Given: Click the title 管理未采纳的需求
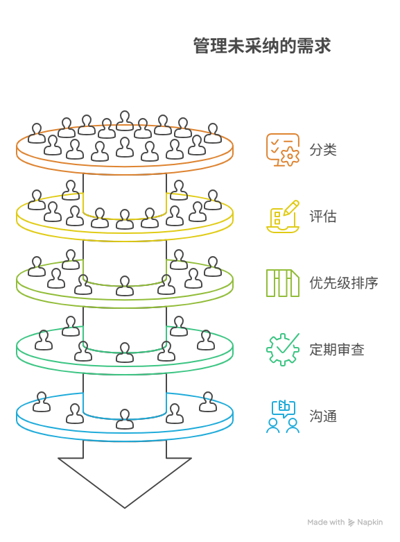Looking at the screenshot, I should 262,46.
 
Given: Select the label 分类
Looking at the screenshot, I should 322,149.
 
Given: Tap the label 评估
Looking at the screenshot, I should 322,216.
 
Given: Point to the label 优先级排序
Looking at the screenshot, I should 343,282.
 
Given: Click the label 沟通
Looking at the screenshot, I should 322,416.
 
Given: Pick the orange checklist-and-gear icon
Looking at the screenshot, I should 283,149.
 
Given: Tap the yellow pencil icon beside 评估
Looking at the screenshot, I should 283,216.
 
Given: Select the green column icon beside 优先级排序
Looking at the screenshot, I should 283,282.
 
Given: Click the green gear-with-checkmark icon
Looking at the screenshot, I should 283,349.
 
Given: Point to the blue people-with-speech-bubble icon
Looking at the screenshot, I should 283,416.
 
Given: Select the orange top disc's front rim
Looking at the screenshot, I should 125,164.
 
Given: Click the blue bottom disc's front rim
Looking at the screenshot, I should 125,431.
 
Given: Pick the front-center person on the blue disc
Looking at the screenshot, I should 125,418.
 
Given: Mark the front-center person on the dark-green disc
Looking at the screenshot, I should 125,352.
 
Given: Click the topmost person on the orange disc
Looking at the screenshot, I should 125,120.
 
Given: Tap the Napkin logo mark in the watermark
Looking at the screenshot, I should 352,522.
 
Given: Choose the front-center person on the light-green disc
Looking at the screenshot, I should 125,285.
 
